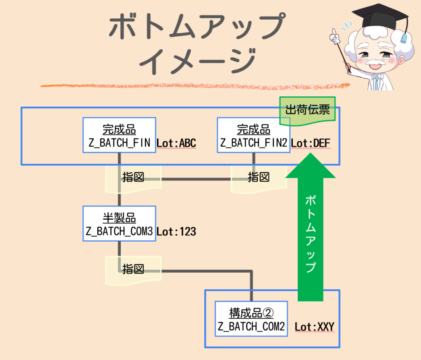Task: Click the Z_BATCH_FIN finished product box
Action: click(x=119, y=135)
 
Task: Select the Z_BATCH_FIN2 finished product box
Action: click(x=253, y=135)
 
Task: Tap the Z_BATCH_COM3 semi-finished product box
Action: click(x=119, y=223)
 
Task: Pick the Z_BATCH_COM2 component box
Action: click(x=251, y=319)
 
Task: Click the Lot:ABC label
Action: click(x=176, y=143)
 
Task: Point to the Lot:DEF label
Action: click(x=310, y=143)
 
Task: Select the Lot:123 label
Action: click(x=176, y=232)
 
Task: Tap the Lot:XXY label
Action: click(x=314, y=327)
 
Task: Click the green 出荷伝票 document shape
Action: click(x=308, y=111)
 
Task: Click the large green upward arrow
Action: click(x=310, y=226)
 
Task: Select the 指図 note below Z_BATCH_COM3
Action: click(x=133, y=269)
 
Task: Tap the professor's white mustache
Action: click(x=372, y=65)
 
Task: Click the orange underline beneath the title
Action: click(x=195, y=86)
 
